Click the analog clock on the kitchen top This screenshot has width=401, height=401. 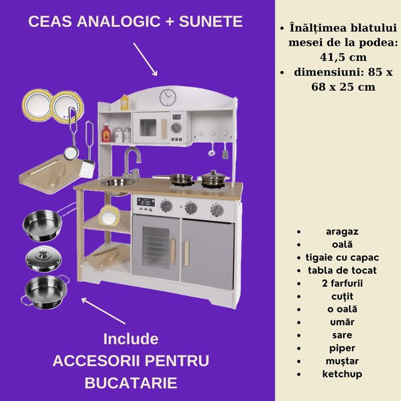pos(168,98)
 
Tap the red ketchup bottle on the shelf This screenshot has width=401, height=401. pos(106,133)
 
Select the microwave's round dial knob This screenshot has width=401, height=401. pos(176,127)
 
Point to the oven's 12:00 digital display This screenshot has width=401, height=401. pos(146,203)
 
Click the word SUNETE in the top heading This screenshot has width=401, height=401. pos(211,21)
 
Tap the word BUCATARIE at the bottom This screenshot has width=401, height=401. pos(131,383)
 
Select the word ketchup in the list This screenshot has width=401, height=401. pos(342,374)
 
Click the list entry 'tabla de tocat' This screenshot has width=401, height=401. pos(342,270)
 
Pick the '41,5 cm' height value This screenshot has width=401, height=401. pos(343,57)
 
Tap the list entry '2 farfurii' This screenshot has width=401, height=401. pos(342,283)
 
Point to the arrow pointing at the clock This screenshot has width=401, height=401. pos(145,59)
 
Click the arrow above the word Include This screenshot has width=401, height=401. pos(103,311)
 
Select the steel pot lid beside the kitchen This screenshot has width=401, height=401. pos(44,259)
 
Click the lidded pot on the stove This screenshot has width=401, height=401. pos(213,178)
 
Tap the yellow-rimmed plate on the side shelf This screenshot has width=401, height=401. pos(108,215)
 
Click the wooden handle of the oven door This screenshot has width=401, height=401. pos(173,251)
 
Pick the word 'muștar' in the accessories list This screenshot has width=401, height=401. pos(342,361)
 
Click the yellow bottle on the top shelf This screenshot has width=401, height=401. pos(124,102)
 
